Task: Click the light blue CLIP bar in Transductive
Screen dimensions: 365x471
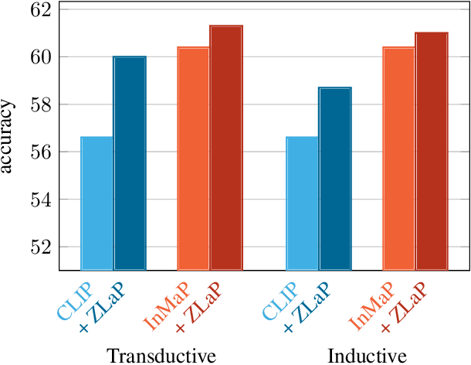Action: [97, 203]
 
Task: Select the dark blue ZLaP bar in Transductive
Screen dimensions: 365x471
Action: [130, 163]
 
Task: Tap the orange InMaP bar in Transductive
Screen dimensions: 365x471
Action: [193, 159]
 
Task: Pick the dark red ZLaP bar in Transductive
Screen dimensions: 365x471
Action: [226, 148]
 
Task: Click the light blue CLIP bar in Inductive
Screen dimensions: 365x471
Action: [302, 203]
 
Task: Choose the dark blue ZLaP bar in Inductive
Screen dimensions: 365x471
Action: [335, 179]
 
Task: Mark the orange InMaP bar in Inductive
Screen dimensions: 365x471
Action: [398, 159]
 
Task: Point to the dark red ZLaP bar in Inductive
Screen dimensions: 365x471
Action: [432, 152]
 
